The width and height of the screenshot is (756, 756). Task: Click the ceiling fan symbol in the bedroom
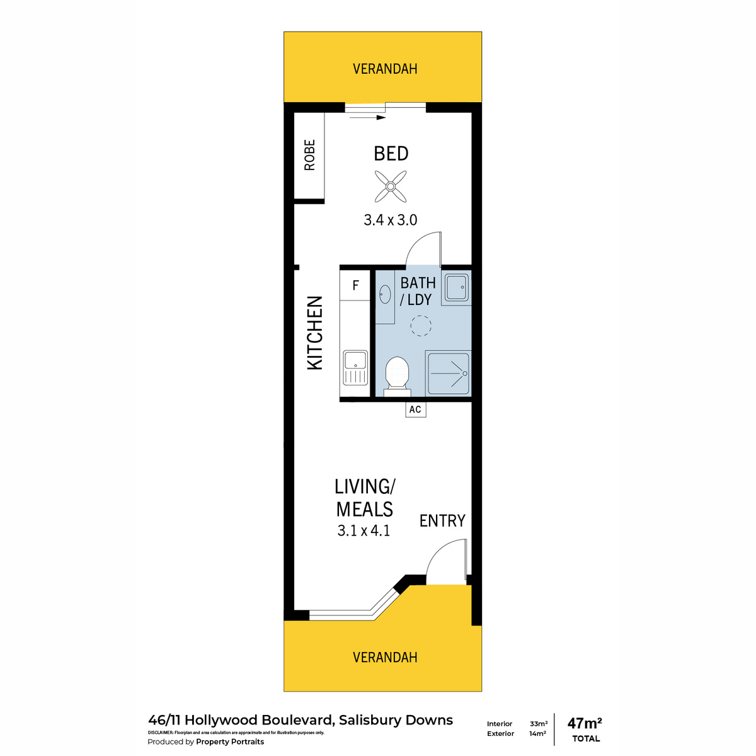click(x=390, y=186)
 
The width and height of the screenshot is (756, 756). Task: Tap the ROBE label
click(x=309, y=155)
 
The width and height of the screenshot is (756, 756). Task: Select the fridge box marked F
click(x=355, y=285)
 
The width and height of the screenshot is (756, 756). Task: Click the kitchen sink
click(x=355, y=367)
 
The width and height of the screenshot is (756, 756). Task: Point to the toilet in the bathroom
click(x=398, y=376)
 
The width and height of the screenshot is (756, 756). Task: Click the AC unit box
click(x=415, y=409)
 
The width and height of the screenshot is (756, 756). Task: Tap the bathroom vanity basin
click(x=384, y=294)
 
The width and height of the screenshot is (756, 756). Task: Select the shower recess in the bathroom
click(x=448, y=374)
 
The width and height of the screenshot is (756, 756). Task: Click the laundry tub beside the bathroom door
click(x=456, y=287)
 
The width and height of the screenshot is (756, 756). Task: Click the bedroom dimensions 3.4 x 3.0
click(x=391, y=220)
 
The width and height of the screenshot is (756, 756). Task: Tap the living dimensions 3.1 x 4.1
click(x=364, y=531)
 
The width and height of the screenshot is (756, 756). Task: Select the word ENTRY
click(x=442, y=521)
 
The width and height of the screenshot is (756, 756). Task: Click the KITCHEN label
click(x=314, y=333)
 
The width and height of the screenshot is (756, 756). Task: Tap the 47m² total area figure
click(x=585, y=722)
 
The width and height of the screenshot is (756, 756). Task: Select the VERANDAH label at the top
click(x=385, y=69)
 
